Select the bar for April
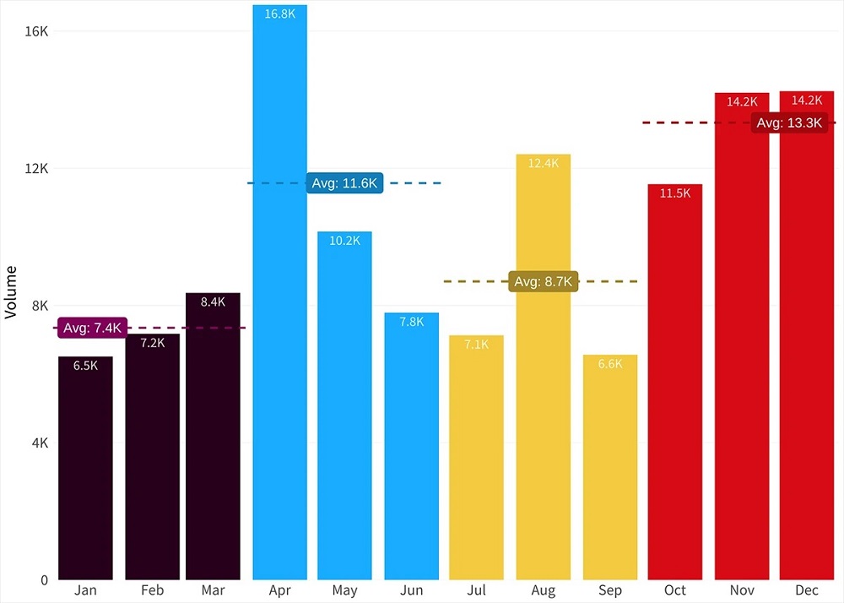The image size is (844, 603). pyautogui.click(x=279, y=296)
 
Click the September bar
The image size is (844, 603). pyautogui.click(x=610, y=469)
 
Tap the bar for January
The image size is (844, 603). pyautogui.click(x=85, y=469)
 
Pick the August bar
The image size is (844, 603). pyautogui.click(x=544, y=372)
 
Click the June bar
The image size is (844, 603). pyautogui.click(x=412, y=448)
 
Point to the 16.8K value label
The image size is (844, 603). pyautogui.click(x=279, y=14)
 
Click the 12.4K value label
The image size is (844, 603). pyautogui.click(x=544, y=164)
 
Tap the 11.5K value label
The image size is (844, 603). pyautogui.click(x=675, y=193)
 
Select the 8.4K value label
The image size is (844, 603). pyautogui.click(x=213, y=302)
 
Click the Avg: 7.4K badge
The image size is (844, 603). pyautogui.click(x=93, y=328)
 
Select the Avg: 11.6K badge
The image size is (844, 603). pyautogui.click(x=344, y=183)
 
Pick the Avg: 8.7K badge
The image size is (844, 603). pyautogui.click(x=544, y=281)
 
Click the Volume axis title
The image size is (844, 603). pyautogui.click(x=11, y=292)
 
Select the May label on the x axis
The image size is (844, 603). pyautogui.click(x=344, y=590)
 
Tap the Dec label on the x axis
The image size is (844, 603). pyautogui.click(x=807, y=590)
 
